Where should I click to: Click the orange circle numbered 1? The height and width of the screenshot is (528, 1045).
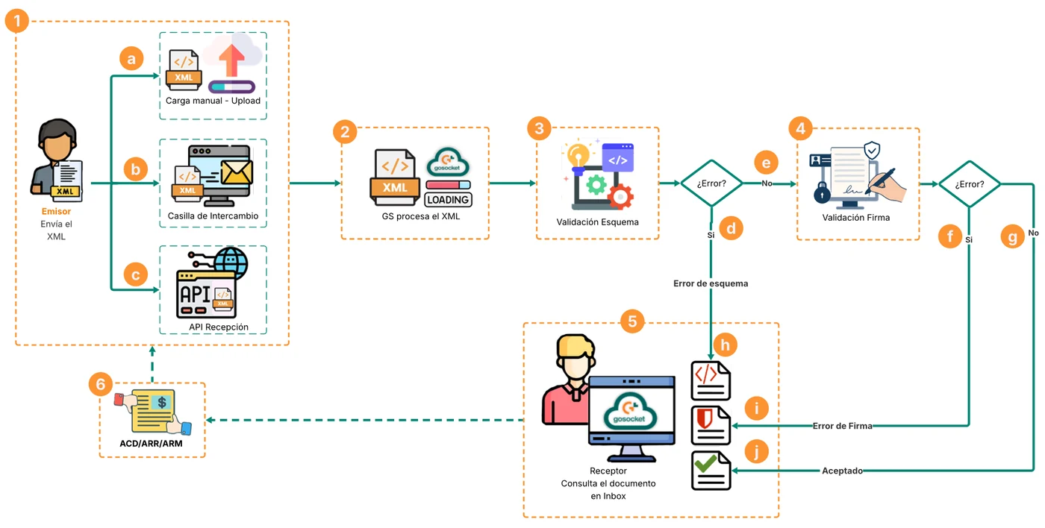click(17, 21)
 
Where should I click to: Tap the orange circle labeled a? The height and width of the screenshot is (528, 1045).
click(131, 58)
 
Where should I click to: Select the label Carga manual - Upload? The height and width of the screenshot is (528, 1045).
click(213, 101)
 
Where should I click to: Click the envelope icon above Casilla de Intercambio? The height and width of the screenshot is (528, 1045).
click(237, 172)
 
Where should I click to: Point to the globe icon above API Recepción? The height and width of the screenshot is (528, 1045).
click(231, 263)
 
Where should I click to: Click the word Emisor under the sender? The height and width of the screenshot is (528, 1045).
click(56, 211)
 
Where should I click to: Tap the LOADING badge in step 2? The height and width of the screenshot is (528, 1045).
click(449, 200)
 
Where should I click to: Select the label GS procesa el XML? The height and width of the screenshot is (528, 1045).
click(421, 216)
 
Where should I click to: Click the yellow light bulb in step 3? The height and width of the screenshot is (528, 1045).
click(578, 155)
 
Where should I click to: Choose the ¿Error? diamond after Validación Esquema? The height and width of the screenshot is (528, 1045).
click(711, 183)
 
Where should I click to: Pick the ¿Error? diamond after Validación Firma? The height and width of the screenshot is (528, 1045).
click(970, 184)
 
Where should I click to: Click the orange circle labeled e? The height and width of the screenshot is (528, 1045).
click(766, 163)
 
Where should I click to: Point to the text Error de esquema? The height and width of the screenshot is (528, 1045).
click(711, 283)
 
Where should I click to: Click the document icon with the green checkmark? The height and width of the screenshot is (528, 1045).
click(711, 471)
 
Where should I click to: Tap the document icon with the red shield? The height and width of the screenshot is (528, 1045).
click(711, 426)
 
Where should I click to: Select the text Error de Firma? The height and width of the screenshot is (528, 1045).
click(842, 426)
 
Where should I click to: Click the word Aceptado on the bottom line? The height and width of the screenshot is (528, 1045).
click(842, 471)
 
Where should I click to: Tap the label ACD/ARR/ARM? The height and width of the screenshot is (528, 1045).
click(151, 443)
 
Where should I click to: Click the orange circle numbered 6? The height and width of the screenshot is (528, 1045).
click(101, 384)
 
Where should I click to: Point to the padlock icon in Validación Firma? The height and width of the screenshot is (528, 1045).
click(822, 193)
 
